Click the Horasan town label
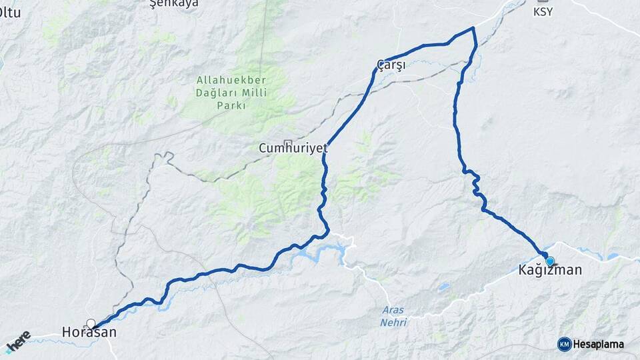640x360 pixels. click(89, 332)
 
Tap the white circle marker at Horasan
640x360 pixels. click(91, 323)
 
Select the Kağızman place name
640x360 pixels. click(550, 270)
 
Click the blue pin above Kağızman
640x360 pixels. click(549, 261)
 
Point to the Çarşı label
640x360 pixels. click(391, 64)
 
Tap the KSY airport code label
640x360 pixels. click(543, 12)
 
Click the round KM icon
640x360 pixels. click(565, 344)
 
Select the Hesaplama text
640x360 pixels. click(599, 345)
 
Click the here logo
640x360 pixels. click(17, 341)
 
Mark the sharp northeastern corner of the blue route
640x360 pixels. click(473, 28)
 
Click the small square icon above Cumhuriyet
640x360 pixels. click(287, 142)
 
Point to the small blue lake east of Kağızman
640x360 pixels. click(612, 256)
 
